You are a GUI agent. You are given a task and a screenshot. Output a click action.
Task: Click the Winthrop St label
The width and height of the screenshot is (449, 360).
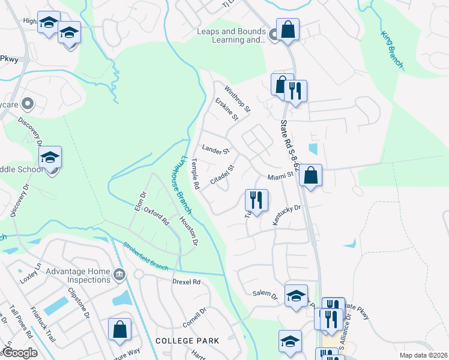pyautogui.click(x=237, y=99)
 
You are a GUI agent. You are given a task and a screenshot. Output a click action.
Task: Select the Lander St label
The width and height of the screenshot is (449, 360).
pyautogui.click(x=216, y=149)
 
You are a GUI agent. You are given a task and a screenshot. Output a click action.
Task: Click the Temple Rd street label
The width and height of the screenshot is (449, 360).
pyautogui.click(x=194, y=174)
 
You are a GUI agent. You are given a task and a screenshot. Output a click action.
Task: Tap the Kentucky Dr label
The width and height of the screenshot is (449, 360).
pyautogui.click(x=286, y=215)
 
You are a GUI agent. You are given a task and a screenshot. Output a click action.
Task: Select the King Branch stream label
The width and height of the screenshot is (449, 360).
pyautogui.click(x=392, y=48)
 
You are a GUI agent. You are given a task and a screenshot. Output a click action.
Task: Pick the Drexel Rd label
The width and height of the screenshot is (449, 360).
pyautogui.click(x=185, y=281)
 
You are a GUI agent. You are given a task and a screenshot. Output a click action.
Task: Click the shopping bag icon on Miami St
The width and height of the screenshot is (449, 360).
pyautogui.click(x=310, y=175)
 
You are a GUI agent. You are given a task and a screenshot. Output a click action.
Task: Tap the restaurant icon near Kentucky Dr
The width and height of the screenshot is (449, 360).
pyautogui.click(x=256, y=200)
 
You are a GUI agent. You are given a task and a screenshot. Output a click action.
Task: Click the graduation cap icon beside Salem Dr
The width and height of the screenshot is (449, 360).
pyautogui.click(x=296, y=296)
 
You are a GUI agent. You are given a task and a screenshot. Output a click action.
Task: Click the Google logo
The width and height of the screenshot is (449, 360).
pyautogui.click(x=20, y=353)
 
